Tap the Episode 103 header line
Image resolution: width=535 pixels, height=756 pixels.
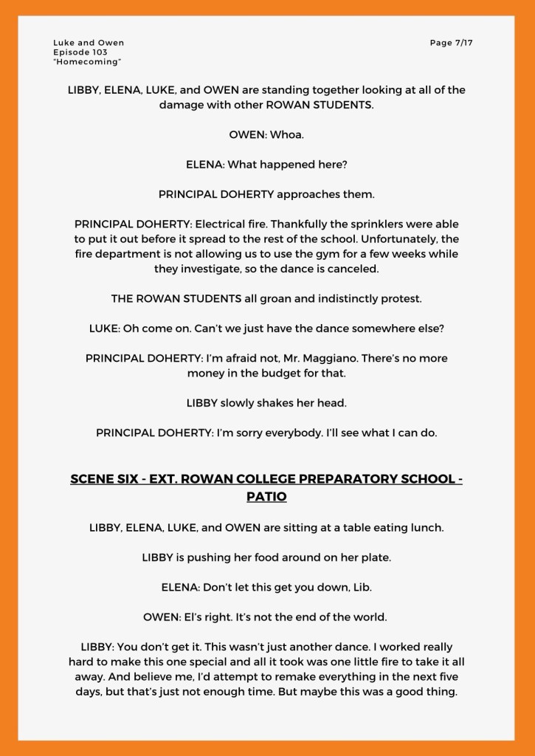pyautogui.click(x=80, y=52)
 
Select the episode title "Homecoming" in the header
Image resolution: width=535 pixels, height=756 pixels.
pyautogui.click(x=87, y=62)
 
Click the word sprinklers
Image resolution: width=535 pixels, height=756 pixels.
pyautogui.click(x=377, y=224)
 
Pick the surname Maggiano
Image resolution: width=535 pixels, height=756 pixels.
pyautogui.click(x=409, y=358)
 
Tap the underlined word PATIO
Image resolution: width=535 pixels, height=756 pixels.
pyautogui.click(x=266, y=497)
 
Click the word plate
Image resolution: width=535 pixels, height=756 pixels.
pyautogui.click(x=376, y=557)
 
